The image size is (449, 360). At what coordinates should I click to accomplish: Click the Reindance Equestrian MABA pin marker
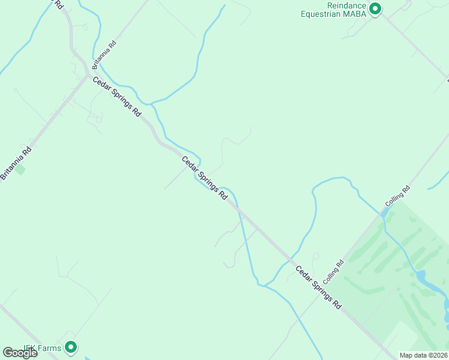pos(375,8)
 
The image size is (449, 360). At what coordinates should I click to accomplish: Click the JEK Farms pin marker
pos(71,347)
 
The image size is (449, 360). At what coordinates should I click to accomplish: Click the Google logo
pos(20,353)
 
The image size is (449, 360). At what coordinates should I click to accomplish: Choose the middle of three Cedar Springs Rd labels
pos(205,178)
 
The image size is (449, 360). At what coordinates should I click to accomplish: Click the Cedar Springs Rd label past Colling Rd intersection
pos(319,288)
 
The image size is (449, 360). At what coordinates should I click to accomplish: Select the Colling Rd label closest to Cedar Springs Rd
pos(333,272)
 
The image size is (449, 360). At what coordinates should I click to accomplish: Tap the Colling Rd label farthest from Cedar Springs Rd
pos(398,196)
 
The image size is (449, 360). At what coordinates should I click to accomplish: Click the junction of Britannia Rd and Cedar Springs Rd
pos(88,76)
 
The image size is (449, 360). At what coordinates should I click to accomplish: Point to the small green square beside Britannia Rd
pos(20,170)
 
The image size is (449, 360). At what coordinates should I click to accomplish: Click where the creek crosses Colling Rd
pos(383,212)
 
